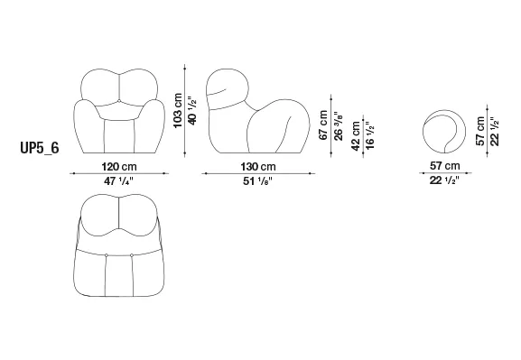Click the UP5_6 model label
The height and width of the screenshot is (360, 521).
[40, 148]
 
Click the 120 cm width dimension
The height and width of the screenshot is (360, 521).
[119, 166]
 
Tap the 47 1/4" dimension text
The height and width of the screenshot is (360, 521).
[118, 181]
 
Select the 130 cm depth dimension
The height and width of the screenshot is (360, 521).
[258, 166]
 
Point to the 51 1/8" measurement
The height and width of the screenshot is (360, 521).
[258, 181]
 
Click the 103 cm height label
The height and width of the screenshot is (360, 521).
[178, 111]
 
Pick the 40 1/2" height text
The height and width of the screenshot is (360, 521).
[192, 111]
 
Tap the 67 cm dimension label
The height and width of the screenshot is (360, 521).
[323, 125]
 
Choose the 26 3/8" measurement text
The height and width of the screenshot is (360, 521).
[338, 126]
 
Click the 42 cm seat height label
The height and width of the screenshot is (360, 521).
[356, 136]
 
